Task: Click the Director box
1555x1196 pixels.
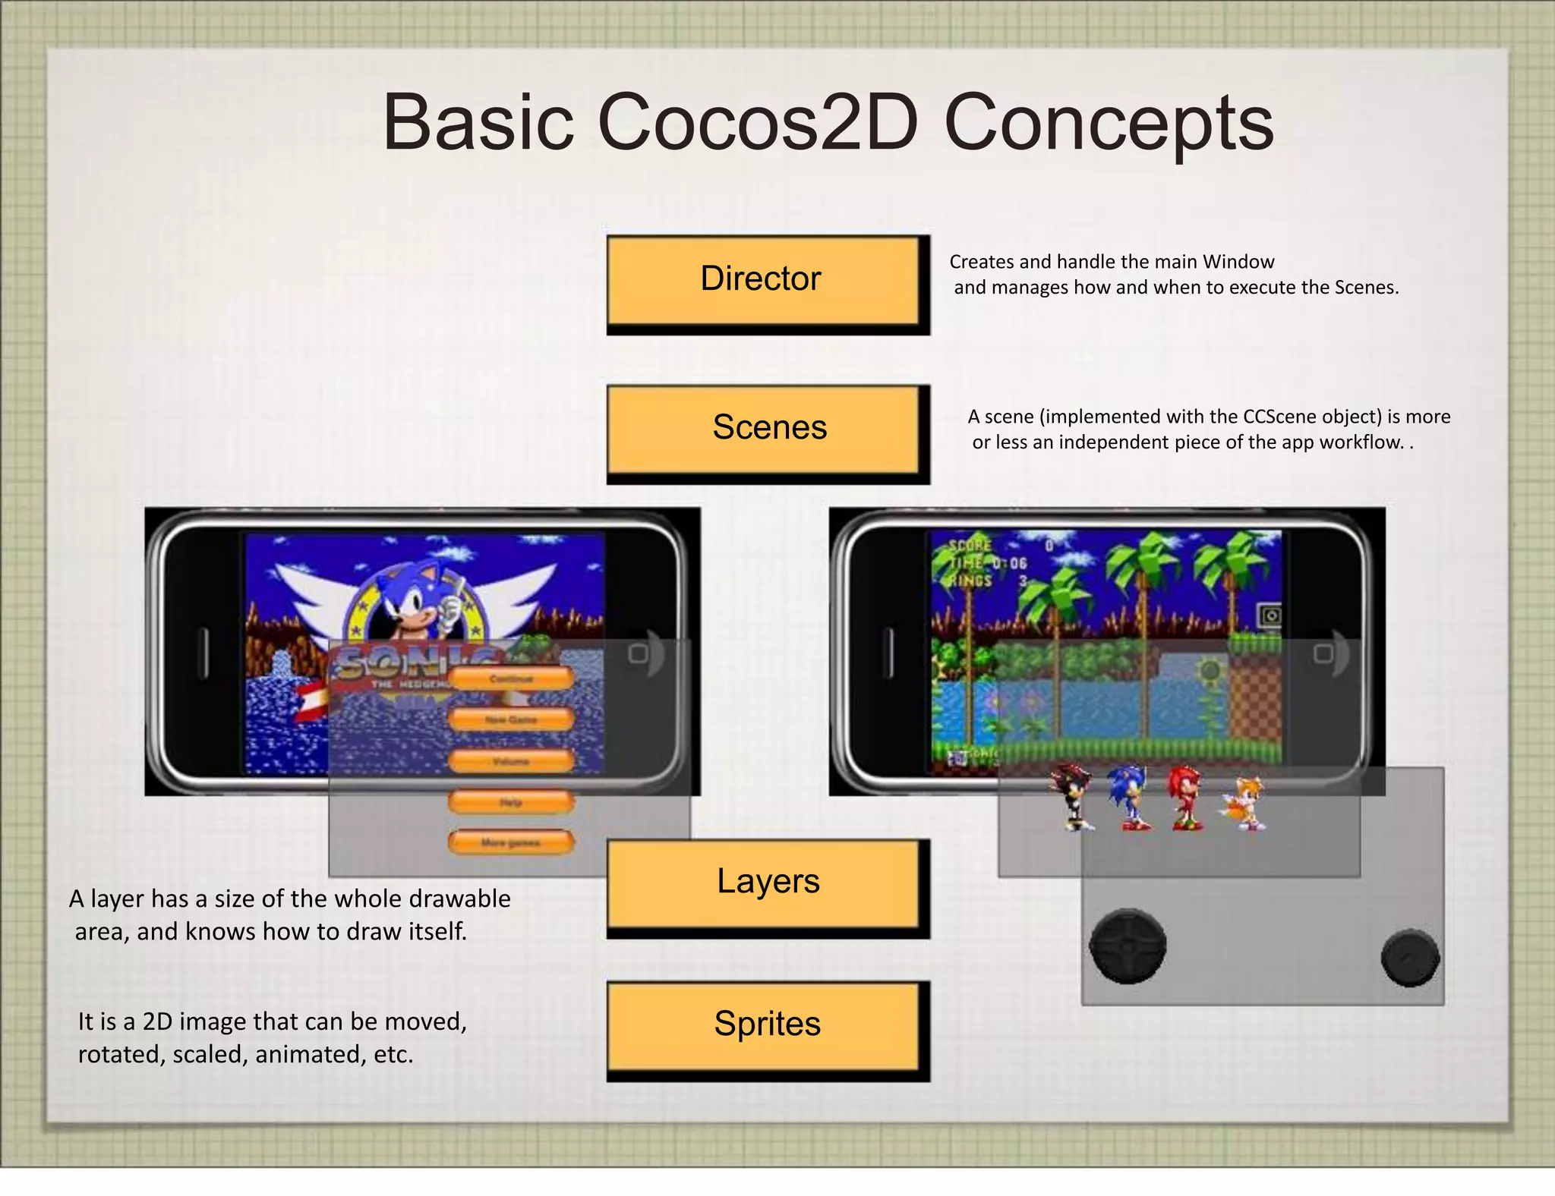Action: pos(763,280)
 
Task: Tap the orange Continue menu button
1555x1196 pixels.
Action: pos(511,678)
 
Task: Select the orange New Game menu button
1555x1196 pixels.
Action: pos(511,719)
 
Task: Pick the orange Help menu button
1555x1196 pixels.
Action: pos(511,802)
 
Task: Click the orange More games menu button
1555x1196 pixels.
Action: pos(511,842)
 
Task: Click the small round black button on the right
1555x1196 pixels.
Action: pos(1410,957)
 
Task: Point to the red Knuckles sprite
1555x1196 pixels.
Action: pos(1185,797)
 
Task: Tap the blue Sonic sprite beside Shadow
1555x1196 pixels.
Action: pos(1129,797)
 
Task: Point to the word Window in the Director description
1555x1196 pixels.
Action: pos(1238,262)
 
